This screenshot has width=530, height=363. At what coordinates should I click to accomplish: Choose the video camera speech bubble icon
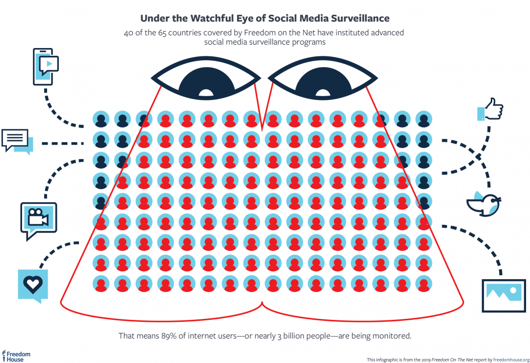[38, 219]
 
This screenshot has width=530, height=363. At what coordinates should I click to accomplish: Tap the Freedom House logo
[16, 356]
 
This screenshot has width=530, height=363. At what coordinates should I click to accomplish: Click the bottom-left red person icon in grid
[101, 284]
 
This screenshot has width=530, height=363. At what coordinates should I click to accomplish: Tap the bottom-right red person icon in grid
[424, 284]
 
